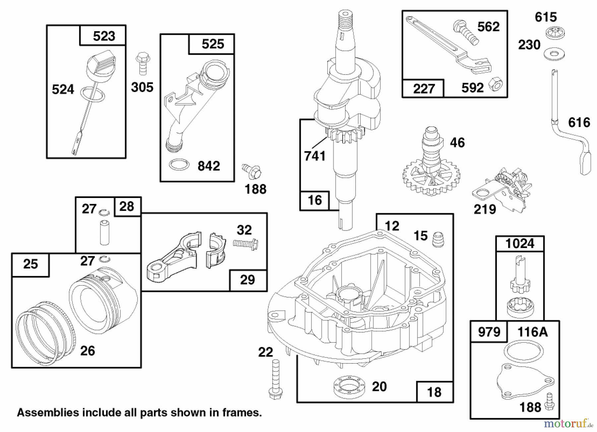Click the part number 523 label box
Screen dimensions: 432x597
pyautogui.click(x=103, y=36)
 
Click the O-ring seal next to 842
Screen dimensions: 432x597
pyautogui.click(x=179, y=164)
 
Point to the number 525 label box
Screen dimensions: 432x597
pyautogui.click(x=212, y=44)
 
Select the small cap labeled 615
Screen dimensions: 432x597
pyautogui.click(x=555, y=33)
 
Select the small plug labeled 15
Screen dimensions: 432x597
pyautogui.click(x=438, y=239)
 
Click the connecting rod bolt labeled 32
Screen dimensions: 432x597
pyautogui.click(x=246, y=244)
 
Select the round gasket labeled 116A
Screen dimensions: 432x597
pyautogui.click(x=523, y=351)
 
